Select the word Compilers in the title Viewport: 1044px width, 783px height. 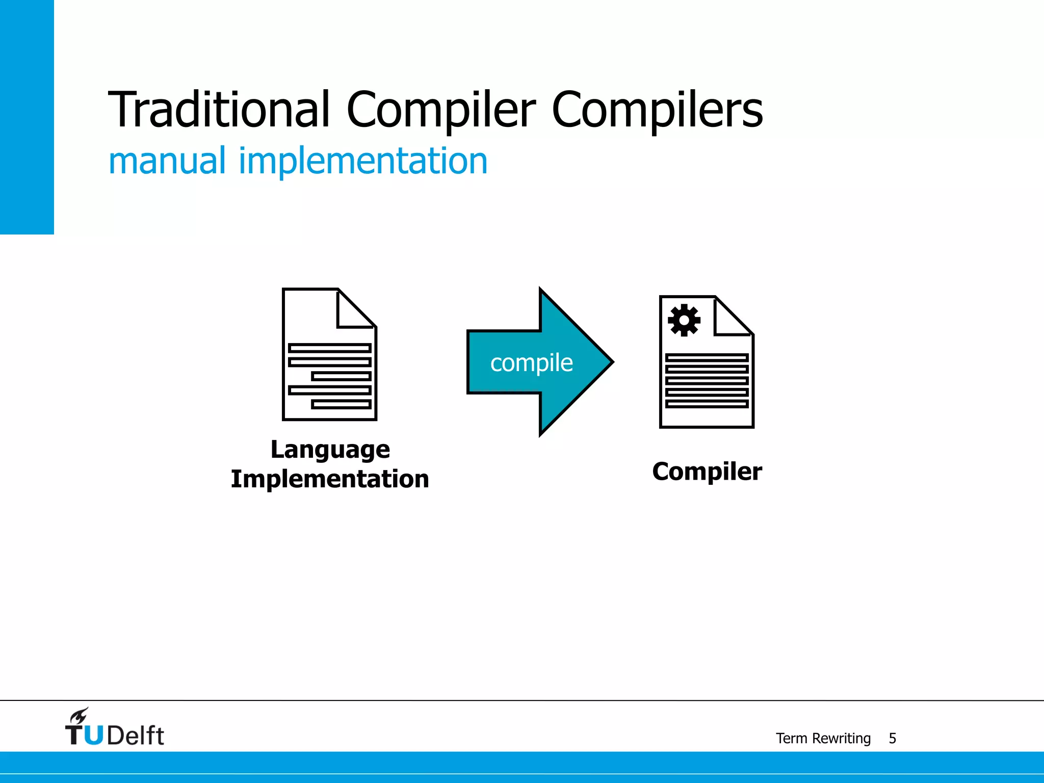click(x=657, y=110)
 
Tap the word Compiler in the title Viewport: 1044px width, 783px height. click(x=440, y=110)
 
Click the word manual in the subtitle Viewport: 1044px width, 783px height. click(x=167, y=161)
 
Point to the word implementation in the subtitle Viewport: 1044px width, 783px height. click(x=363, y=161)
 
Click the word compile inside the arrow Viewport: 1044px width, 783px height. click(x=531, y=363)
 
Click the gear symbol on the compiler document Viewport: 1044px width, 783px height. click(x=684, y=320)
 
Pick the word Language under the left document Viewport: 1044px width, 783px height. click(x=330, y=450)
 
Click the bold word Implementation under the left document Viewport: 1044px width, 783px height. click(x=330, y=479)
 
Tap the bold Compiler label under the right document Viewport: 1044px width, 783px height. click(x=707, y=472)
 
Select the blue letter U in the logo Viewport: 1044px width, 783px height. click(x=94, y=736)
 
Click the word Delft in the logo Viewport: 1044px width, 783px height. click(x=136, y=736)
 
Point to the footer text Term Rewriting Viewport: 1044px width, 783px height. click(x=823, y=738)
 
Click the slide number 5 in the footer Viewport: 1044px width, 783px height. click(x=892, y=738)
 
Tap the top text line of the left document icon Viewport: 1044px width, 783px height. click(x=329, y=348)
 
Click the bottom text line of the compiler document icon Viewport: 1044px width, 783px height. click(x=707, y=404)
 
